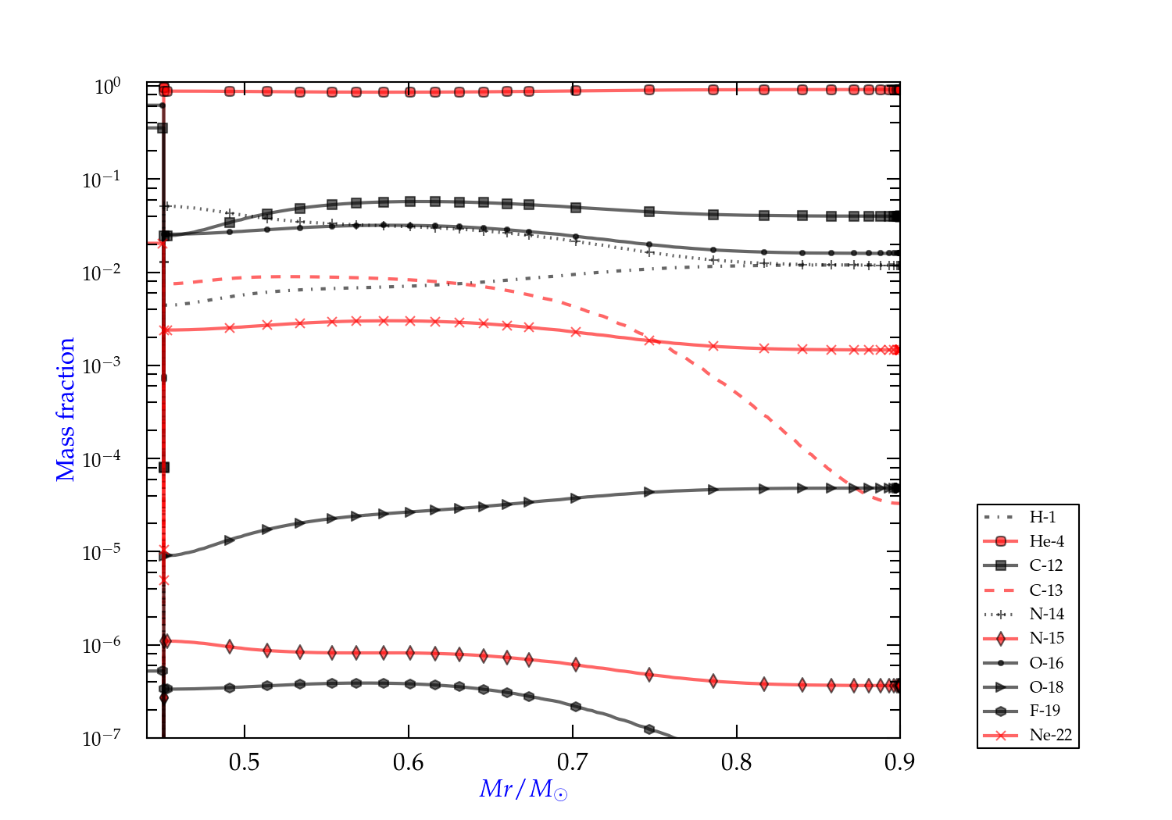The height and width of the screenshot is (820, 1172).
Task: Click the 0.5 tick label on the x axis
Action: point(245,762)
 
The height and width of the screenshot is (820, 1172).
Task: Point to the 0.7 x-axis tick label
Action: point(573,762)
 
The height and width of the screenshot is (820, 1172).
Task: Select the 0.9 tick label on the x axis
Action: point(900,762)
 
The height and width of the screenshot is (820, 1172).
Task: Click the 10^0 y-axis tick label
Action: point(108,86)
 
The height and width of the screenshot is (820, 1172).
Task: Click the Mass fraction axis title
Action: point(66,410)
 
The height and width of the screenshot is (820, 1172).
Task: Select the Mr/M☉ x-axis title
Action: point(523,790)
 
